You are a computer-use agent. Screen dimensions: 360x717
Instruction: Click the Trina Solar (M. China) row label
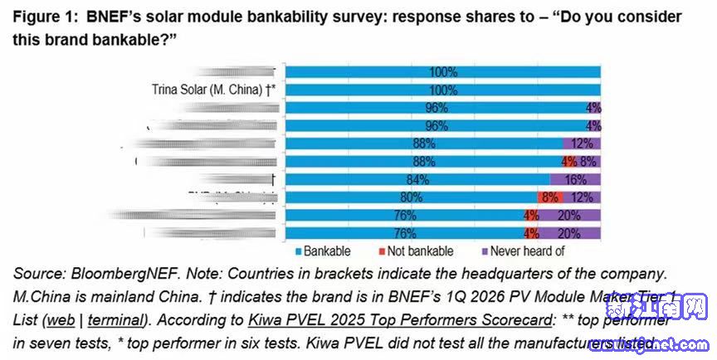coord(213,89)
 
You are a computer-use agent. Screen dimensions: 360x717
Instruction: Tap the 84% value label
coord(437,178)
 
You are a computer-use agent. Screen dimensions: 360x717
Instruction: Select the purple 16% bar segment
coord(575,178)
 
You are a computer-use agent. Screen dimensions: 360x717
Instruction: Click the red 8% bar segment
coord(549,197)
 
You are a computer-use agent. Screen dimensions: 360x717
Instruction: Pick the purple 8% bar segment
coord(588,160)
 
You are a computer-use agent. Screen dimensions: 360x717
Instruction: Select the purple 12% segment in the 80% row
coord(582,197)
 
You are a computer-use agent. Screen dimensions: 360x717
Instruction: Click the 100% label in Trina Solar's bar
coord(443,89)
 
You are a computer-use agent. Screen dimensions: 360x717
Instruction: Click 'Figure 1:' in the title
coord(46,17)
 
